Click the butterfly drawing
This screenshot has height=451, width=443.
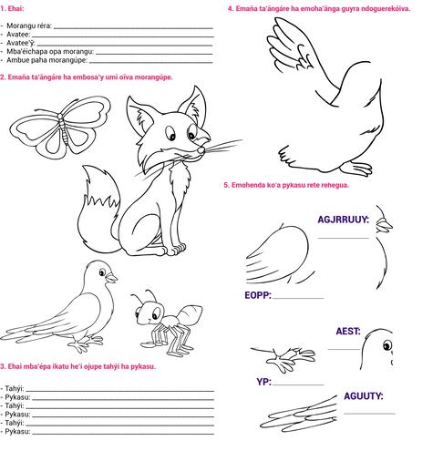61,128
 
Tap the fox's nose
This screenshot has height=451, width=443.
201,150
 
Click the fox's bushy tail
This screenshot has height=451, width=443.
98,210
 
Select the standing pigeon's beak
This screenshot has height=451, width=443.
111,278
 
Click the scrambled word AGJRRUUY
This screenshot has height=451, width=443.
343,220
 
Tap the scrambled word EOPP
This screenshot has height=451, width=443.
258,295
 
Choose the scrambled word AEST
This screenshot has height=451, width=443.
348,331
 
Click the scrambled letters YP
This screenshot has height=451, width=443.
263,382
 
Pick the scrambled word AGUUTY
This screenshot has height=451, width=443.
364,396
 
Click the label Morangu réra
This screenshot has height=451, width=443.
29,26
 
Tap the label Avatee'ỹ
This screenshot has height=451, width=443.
21,43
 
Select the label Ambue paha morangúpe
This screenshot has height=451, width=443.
46,60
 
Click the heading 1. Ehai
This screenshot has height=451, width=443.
12,8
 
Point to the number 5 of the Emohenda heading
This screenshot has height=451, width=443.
226,185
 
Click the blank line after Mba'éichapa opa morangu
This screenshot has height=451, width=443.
154,54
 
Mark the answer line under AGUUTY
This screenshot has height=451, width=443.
369,414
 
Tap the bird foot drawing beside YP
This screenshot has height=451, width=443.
284,358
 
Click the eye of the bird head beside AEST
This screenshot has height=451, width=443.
387,345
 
